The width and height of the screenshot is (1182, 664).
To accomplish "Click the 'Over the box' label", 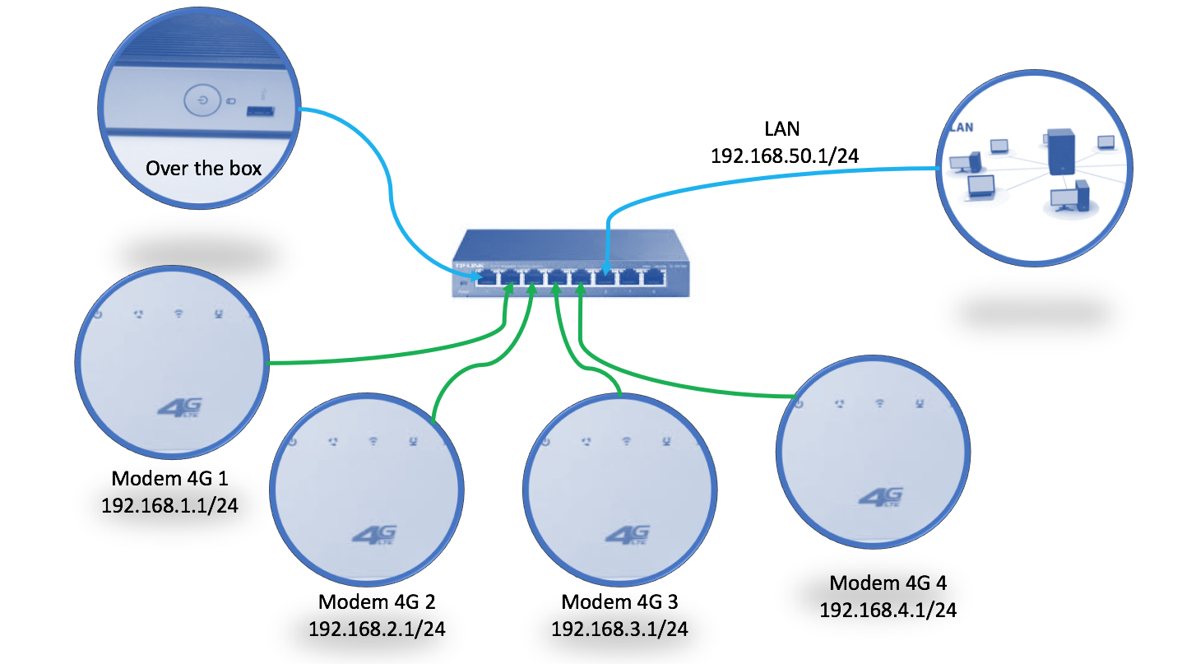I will tap(203, 169).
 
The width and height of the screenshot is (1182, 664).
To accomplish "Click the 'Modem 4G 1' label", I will tap(170, 479).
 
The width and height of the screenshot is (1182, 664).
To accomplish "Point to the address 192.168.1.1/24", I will tap(170, 505).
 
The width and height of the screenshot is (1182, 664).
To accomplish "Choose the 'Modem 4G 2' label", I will tap(377, 602).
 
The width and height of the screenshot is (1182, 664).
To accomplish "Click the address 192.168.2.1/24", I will tap(377, 629).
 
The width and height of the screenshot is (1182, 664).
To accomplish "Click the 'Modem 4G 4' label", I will tap(888, 583).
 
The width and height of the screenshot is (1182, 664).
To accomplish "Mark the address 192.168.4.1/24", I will tap(888, 610).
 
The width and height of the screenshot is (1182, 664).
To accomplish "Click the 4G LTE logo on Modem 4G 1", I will tap(178, 406).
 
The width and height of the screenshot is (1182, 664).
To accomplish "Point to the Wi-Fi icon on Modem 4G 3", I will tap(627, 442).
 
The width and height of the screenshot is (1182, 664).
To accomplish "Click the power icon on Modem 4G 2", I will tap(294, 442).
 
